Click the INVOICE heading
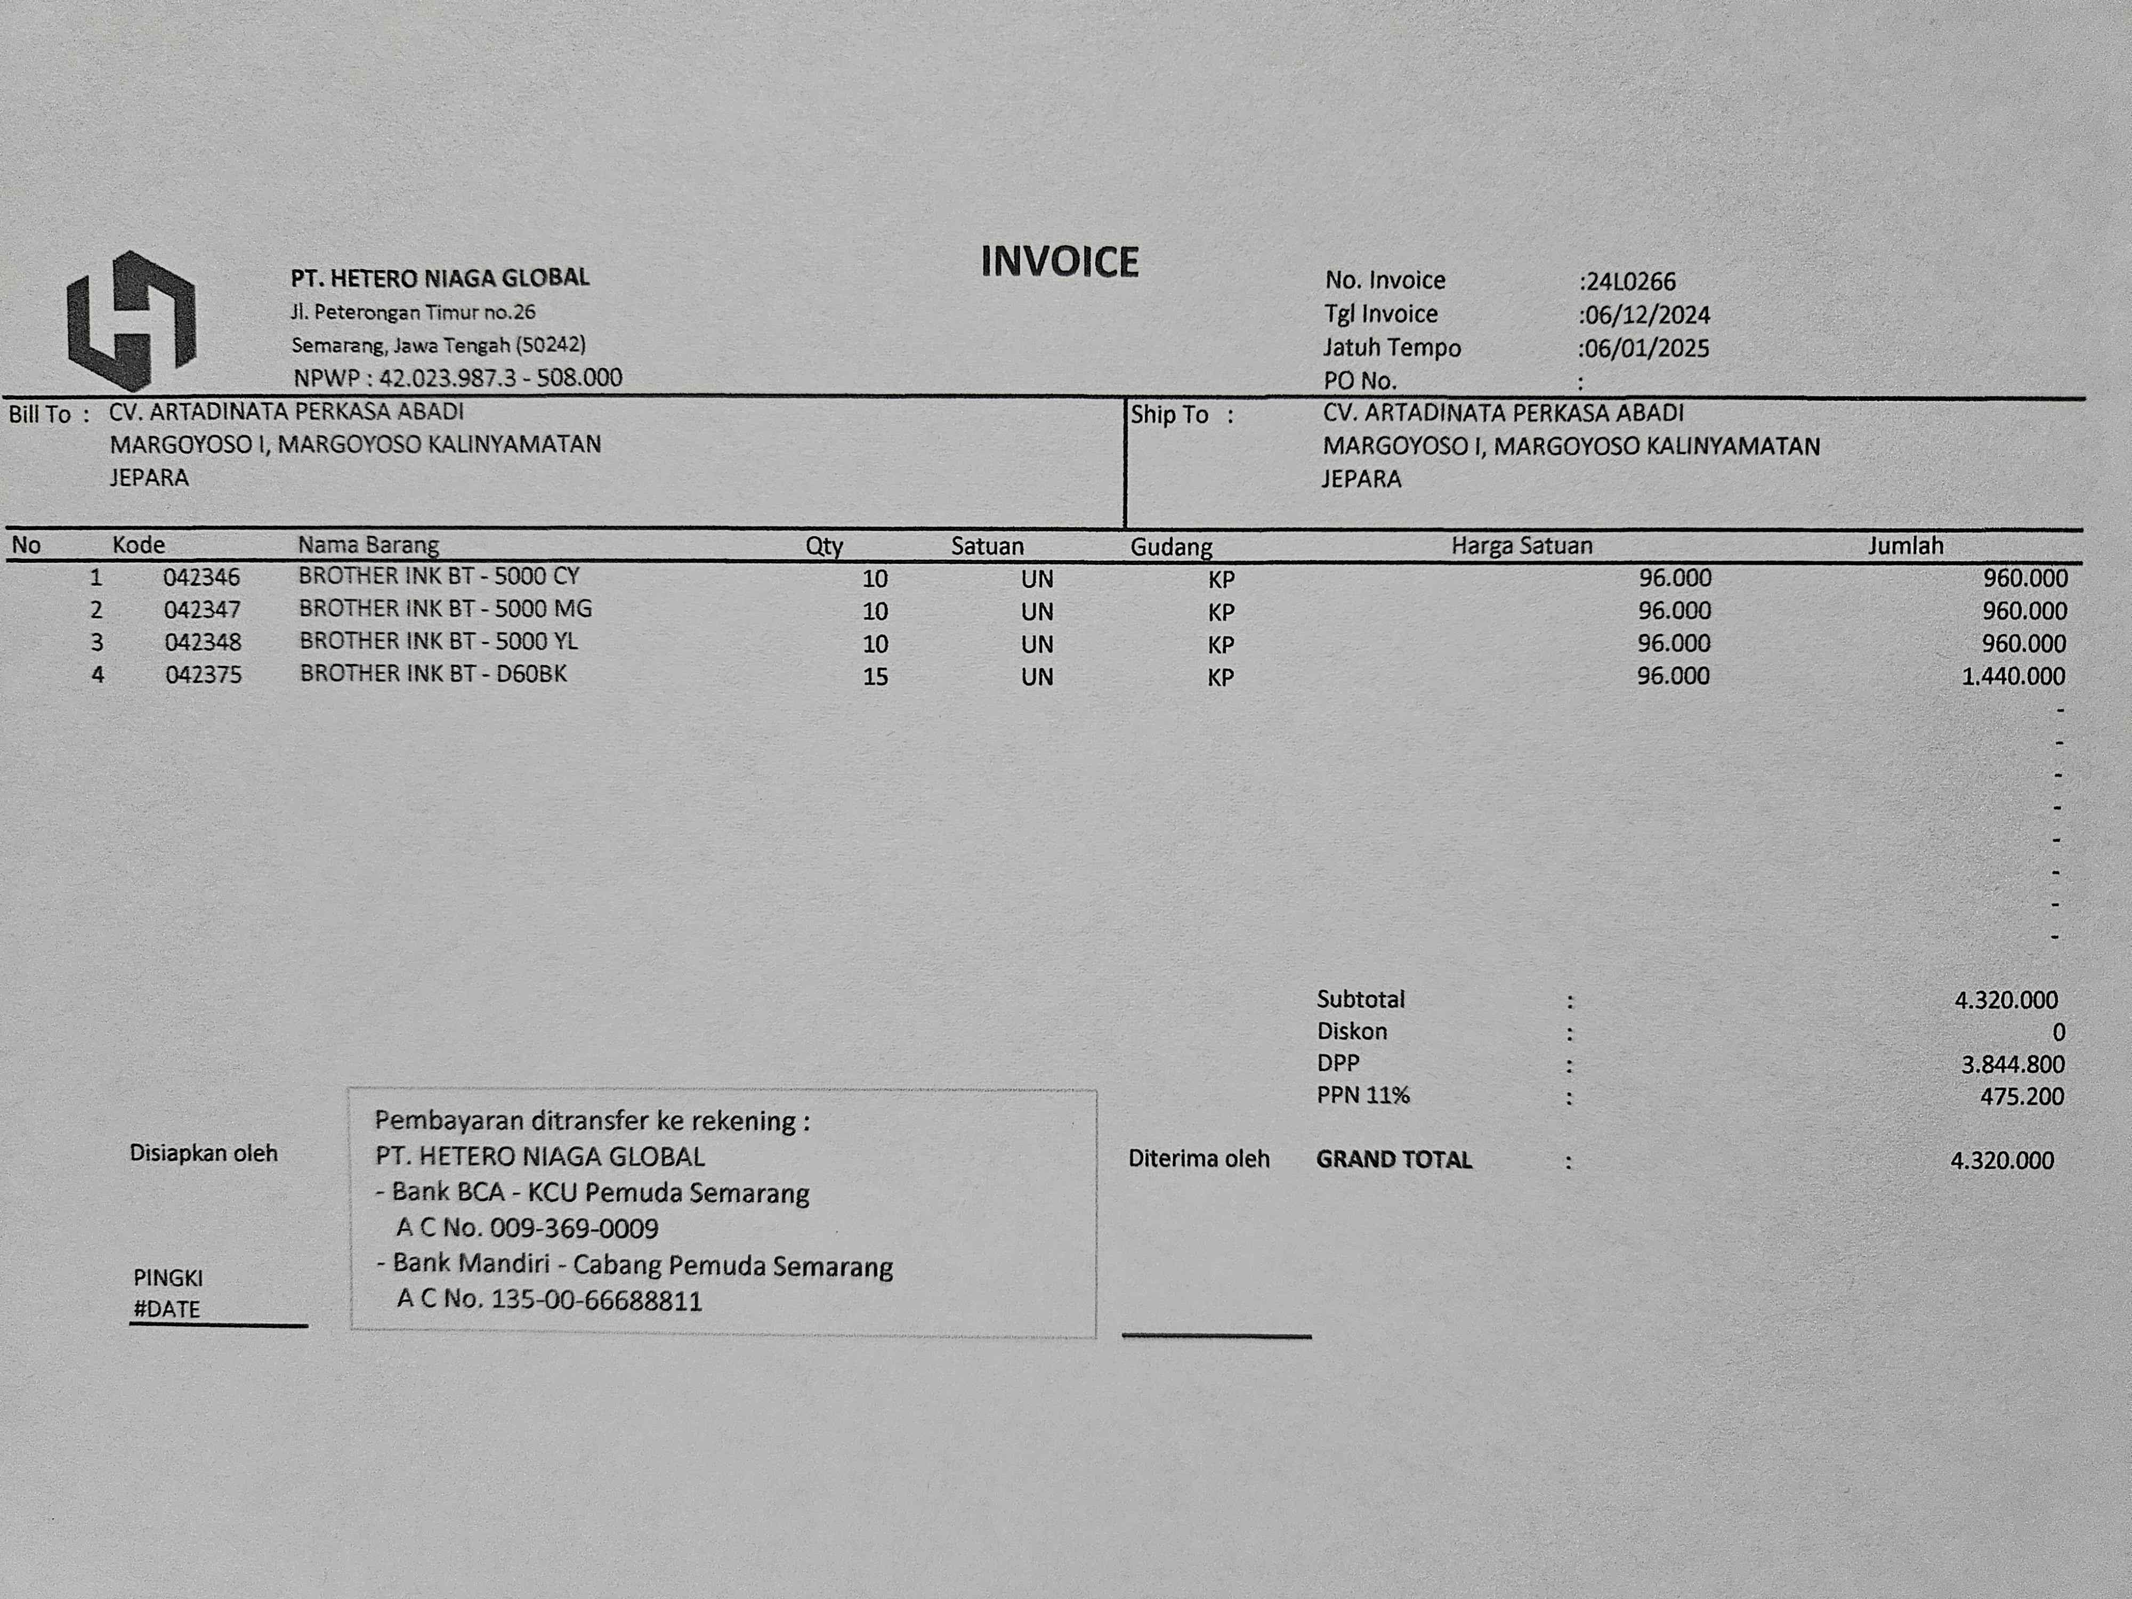point(1059,262)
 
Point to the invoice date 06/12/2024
point(1647,315)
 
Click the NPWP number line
point(458,378)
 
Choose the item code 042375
point(204,675)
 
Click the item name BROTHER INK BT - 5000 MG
point(445,609)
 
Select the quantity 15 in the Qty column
point(874,676)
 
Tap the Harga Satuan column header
point(1521,546)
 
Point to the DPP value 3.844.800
point(2013,1064)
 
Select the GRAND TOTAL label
point(1394,1159)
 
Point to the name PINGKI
point(168,1278)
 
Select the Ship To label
point(1169,415)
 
